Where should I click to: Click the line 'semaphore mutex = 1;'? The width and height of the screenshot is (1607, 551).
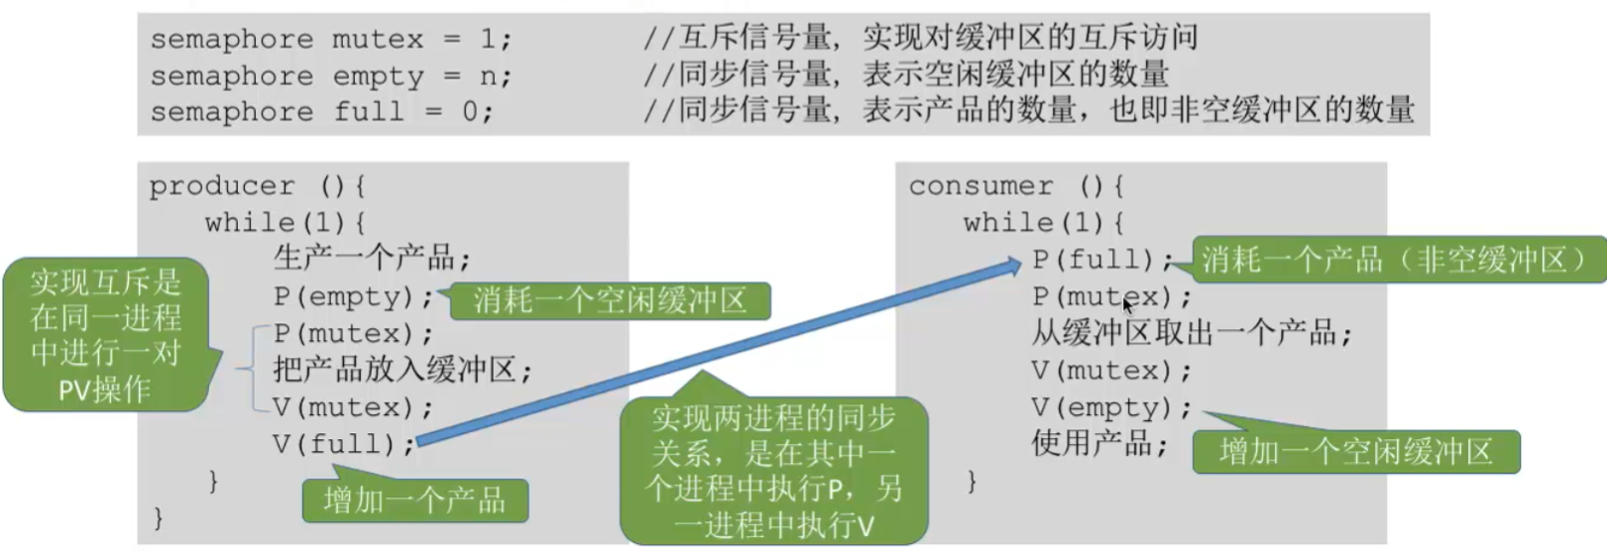coord(331,40)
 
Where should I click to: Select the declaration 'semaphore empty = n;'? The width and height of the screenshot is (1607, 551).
coord(331,76)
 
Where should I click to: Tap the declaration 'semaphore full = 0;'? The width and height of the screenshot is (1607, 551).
coord(321,112)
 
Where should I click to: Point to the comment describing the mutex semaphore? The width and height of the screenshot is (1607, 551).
coord(920,39)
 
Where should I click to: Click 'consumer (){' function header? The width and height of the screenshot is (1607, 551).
coord(1016,186)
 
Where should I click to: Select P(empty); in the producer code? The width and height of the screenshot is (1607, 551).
coord(354,296)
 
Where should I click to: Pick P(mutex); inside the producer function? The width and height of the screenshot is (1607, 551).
coord(354,333)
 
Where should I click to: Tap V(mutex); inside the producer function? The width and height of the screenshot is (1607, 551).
coord(354,407)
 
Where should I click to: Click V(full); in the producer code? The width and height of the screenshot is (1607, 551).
coord(344,444)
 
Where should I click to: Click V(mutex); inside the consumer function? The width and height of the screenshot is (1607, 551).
coord(1111,371)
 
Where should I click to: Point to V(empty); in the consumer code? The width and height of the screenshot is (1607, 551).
coord(1111,407)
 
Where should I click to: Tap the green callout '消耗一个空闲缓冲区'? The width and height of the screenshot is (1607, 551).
coord(610,300)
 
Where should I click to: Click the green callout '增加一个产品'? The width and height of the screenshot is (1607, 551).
coord(414,499)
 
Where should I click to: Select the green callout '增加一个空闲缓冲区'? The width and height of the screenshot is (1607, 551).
coord(1355,452)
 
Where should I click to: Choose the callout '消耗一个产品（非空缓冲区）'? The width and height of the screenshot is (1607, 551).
coord(1398,260)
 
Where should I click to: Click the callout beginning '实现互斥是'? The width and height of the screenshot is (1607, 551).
coord(105,336)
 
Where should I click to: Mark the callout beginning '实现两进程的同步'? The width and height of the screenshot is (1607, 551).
coord(773,471)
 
